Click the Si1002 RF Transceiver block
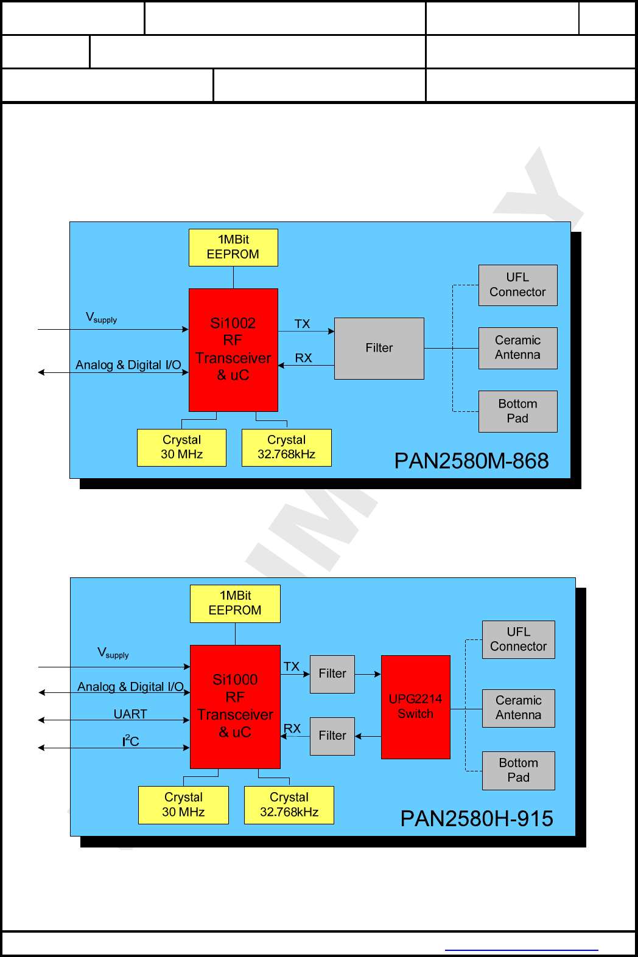233,350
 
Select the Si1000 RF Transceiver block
235,706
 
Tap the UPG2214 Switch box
416,706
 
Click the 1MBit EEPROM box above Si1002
233,247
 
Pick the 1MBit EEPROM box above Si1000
235,603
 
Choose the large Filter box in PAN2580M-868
379,348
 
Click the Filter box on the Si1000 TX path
332,673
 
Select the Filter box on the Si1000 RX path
332,736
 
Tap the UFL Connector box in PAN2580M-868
517,285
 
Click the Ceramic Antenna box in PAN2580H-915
518,708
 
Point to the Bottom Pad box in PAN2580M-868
517,411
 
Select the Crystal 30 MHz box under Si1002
181,447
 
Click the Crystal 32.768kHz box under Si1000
289,804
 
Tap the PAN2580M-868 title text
471,461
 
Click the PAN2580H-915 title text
477,819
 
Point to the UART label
130,714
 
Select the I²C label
131,741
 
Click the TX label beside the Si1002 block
302,324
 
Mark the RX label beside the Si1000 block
292,728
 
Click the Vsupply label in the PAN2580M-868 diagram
101,318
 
